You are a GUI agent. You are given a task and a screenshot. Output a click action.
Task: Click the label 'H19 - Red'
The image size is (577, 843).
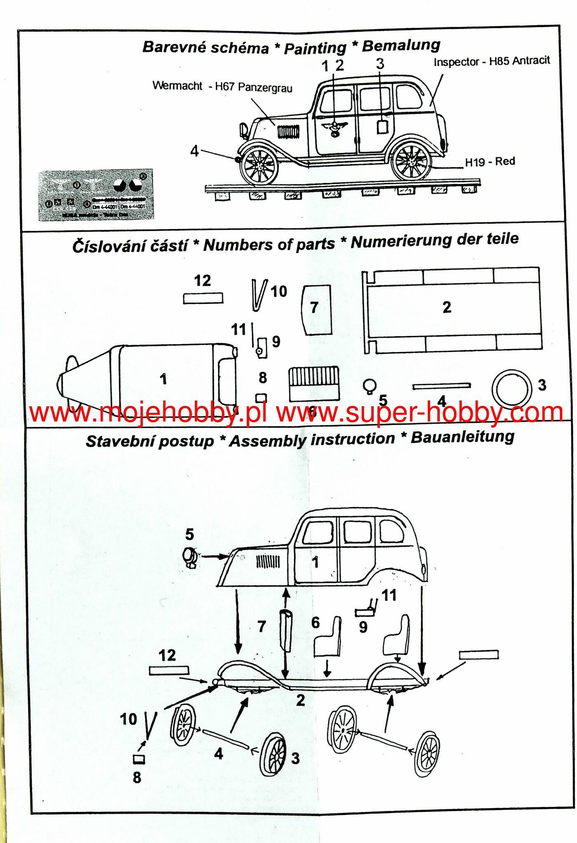click(x=490, y=162)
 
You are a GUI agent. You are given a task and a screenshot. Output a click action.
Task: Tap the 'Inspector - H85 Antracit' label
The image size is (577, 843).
click(x=491, y=61)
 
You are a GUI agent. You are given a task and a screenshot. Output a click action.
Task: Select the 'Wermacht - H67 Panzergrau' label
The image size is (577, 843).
click(x=222, y=86)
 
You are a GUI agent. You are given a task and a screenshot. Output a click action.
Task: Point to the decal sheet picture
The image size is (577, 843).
click(x=96, y=194)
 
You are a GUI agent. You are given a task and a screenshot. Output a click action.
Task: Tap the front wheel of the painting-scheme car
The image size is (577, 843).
click(x=259, y=166)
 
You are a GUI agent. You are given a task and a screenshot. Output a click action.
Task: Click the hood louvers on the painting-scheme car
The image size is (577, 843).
click(x=288, y=132)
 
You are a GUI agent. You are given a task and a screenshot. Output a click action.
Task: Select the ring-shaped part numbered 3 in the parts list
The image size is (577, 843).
click(x=511, y=389)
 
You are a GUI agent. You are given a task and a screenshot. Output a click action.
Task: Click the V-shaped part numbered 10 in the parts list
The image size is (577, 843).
click(x=259, y=295)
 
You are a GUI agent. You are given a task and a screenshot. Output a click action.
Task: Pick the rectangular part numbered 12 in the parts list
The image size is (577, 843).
click(x=203, y=298)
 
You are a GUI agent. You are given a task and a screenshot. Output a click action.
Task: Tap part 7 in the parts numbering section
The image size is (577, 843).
click(x=317, y=309)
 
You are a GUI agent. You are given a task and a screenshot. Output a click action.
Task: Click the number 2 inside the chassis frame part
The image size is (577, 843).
click(x=447, y=307)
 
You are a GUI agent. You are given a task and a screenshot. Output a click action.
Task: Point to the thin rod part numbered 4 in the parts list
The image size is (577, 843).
click(x=441, y=386)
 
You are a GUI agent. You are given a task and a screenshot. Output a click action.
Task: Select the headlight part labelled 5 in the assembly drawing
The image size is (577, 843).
click(x=190, y=557)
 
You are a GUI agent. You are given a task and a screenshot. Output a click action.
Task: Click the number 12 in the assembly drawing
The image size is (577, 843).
click(x=167, y=655)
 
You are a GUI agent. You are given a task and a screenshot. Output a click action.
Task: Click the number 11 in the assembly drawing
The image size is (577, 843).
click(x=389, y=595)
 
